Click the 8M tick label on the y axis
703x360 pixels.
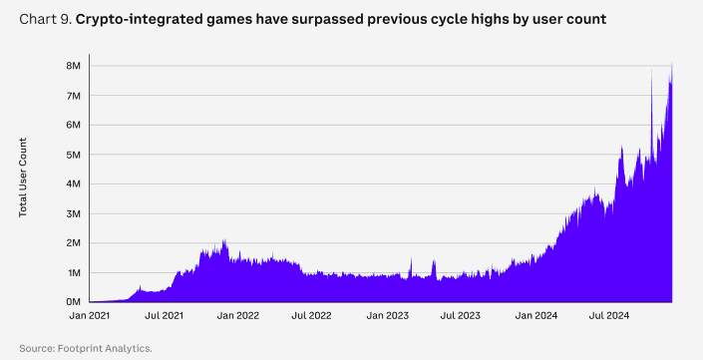click(x=74, y=66)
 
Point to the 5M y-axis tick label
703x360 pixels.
click(x=74, y=155)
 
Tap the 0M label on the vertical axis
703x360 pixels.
click(x=74, y=302)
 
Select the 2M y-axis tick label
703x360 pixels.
click(x=74, y=243)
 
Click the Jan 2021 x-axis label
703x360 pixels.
click(x=89, y=315)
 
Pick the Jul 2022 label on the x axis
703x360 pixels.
click(x=311, y=315)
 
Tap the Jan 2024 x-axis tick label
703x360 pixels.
click(x=536, y=315)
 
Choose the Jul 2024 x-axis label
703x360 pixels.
click(x=609, y=315)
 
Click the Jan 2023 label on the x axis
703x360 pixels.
click(x=387, y=315)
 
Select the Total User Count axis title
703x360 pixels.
click(x=23, y=178)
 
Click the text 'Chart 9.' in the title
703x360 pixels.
click(x=45, y=19)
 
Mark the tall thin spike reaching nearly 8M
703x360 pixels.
click(x=651, y=72)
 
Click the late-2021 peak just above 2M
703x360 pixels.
click(x=224, y=241)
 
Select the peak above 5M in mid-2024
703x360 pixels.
click(x=622, y=148)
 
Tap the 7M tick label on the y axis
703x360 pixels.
click(x=74, y=96)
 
